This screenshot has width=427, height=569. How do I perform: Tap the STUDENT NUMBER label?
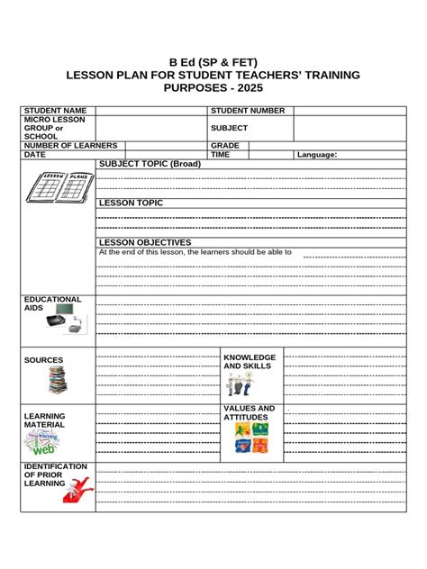248,111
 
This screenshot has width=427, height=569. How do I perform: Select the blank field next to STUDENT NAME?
150,111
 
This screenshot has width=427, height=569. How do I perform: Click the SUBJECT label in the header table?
229,128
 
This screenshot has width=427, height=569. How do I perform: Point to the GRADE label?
225,145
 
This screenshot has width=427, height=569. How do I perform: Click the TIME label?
221,155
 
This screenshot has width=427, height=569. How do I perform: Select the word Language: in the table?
317,155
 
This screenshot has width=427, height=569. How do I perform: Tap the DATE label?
35,155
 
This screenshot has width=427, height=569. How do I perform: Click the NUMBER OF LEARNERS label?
71,145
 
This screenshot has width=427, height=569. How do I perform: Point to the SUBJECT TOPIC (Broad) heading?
150,164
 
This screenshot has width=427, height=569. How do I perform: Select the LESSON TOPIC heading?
132,203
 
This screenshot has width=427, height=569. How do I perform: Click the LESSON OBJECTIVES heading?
145,242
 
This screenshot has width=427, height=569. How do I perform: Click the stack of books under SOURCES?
57,379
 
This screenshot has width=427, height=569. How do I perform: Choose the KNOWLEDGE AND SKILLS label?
250,362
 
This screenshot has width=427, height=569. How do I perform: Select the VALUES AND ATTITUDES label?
250,413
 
